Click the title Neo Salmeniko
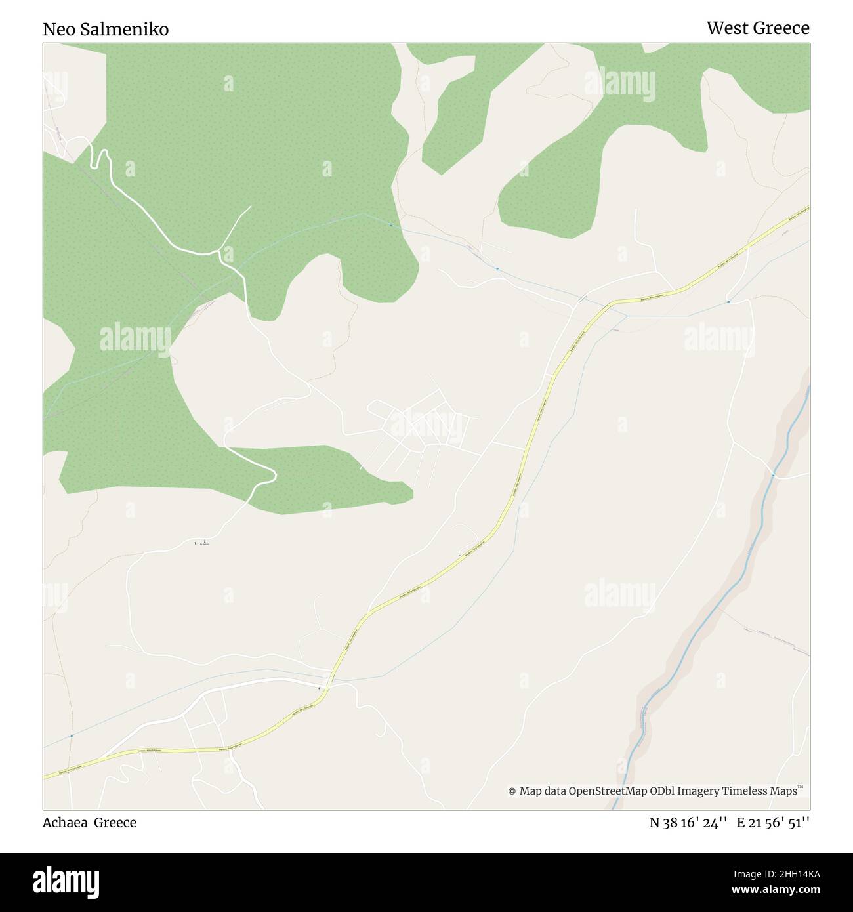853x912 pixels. pyautogui.click(x=106, y=30)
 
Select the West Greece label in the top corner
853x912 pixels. pyautogui.click(x=757, y=28)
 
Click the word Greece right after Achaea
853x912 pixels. pyautogui.click(x=115, y=823)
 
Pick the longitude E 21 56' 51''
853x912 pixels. pyautogui.click(x=773, y=823)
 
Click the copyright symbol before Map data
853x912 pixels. pyautogui.click(x=512, y=791)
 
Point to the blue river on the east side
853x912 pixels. pyautogui.click(x=741, y=577)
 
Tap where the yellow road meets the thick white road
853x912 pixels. pyautogui.click(x=326, y=686)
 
